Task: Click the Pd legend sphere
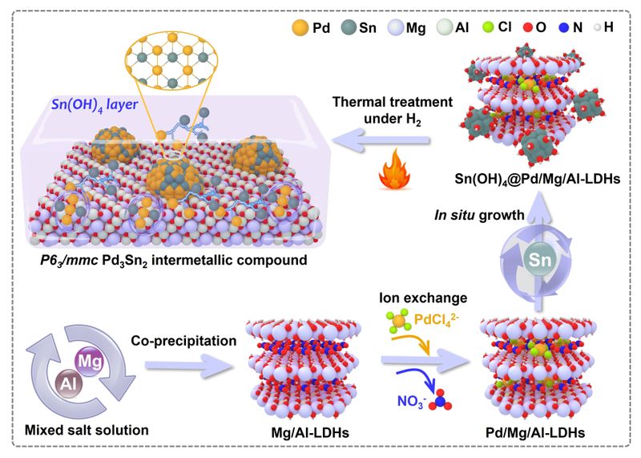[300, 27]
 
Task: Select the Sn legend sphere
[349, 27]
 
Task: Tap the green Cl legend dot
[488, 27]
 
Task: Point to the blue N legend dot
[564, 27]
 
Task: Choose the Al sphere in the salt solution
[69, 384]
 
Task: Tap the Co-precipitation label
[183, 341]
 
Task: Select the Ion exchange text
[423, 298]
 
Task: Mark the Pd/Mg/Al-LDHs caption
[535, 432]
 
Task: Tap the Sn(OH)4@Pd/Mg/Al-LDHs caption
[538, 179]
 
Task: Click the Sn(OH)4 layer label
[95, 105]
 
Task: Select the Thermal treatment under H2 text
[393, 110]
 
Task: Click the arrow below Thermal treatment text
[381, 140]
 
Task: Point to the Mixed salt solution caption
[87, 430]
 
